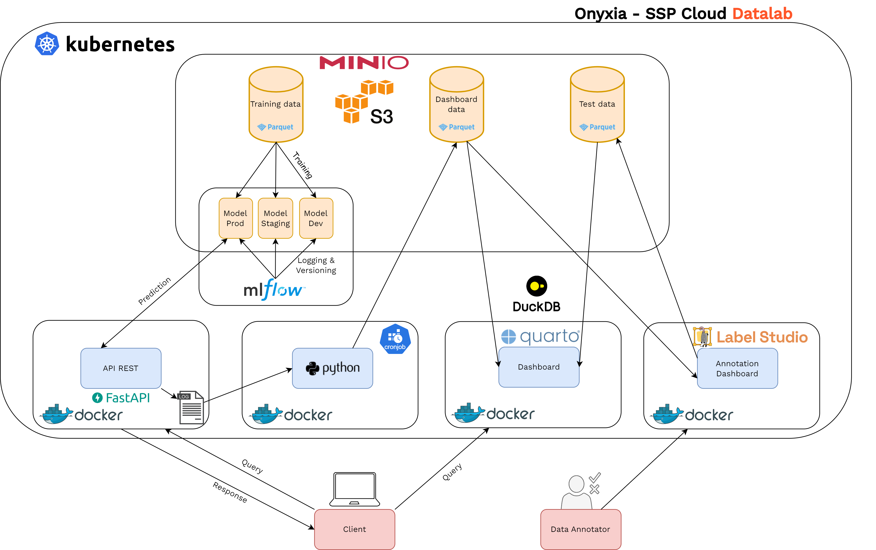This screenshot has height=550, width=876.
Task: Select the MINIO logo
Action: tap(364, 63)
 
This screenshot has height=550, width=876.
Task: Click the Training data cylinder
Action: tap(276, 104)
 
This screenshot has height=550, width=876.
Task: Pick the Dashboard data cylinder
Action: tap(456, 104)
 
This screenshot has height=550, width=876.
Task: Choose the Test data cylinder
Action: tap(597, 104)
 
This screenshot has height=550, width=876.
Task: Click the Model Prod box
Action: tap(235, 218)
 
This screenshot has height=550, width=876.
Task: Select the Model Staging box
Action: tap(275, 218)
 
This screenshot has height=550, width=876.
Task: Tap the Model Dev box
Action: tap(316, 218)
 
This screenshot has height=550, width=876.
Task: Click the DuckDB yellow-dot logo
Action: tap(536, 286)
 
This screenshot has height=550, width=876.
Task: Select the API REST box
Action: tap(121, 368)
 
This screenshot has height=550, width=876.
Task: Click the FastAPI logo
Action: tap(121, 398)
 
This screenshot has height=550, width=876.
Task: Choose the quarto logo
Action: tap(540, 336)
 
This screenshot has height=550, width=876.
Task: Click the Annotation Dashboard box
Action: tap(737, 368)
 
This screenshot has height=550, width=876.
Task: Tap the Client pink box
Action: tap(354, 529)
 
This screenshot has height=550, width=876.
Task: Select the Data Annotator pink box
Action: tap(580, 529)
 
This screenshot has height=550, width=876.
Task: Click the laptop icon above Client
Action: tap(354, 489)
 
